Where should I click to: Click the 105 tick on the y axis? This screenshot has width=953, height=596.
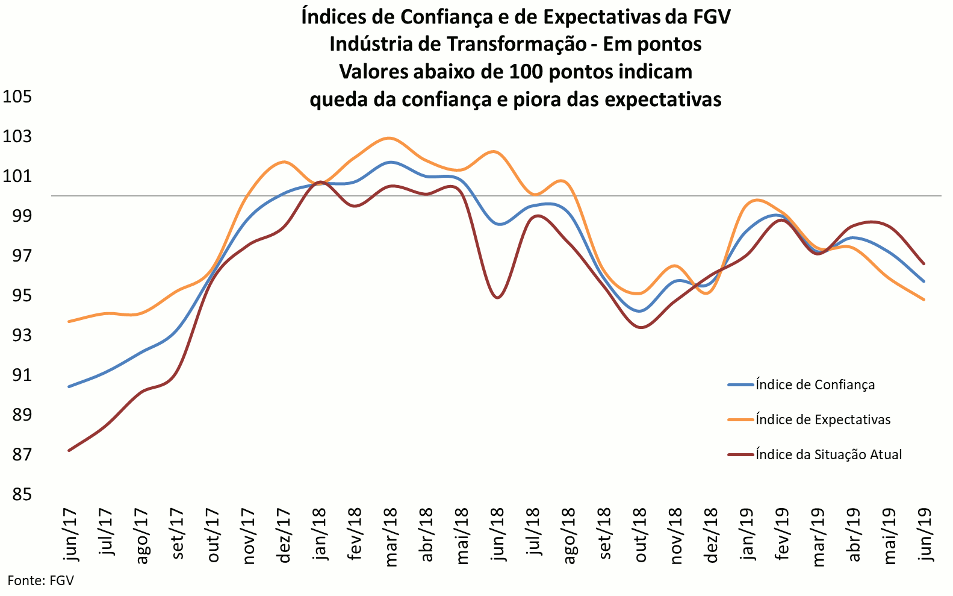click(x=17, y=96)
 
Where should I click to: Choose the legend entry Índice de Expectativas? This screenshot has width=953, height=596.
click(x=823, y=419)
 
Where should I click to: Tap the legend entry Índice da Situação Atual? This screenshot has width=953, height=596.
click(x=828, y=454)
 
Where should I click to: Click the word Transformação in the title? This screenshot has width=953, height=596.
click(x=517, y=44)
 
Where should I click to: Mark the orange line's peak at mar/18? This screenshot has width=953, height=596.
click(x=390, y=138)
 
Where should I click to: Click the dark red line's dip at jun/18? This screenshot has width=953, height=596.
click(x=497, y=297)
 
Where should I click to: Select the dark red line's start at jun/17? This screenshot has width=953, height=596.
click(x=69, y=450)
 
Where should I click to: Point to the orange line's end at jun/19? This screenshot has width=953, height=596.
click(x=924, y=300)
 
